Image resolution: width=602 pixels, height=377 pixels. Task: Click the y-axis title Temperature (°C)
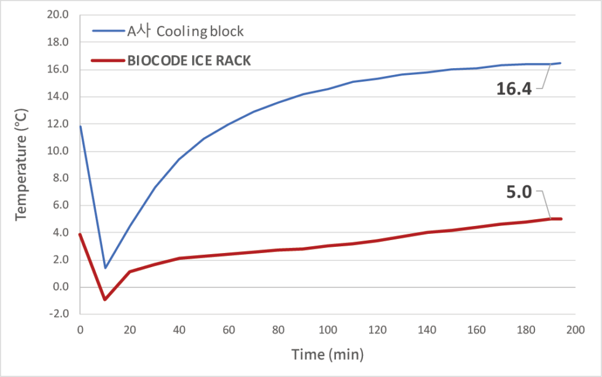[21, 164]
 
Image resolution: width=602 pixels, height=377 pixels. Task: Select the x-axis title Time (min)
[327, 354]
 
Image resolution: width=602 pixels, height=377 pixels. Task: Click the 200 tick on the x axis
[574, 330]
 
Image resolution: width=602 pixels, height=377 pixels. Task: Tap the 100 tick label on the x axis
[327, 330]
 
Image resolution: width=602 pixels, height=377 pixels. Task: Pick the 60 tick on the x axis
[228, 330]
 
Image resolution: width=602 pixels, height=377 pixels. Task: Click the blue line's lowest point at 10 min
[105, 268]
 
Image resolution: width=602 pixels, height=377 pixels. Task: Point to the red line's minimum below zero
[105, 299]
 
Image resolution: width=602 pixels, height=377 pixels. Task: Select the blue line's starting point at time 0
[80, 126]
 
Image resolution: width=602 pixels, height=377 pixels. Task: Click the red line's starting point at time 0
[80, 235]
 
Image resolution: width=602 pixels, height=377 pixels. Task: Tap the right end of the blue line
[560, 63]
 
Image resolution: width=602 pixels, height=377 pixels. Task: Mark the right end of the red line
[560, 219]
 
